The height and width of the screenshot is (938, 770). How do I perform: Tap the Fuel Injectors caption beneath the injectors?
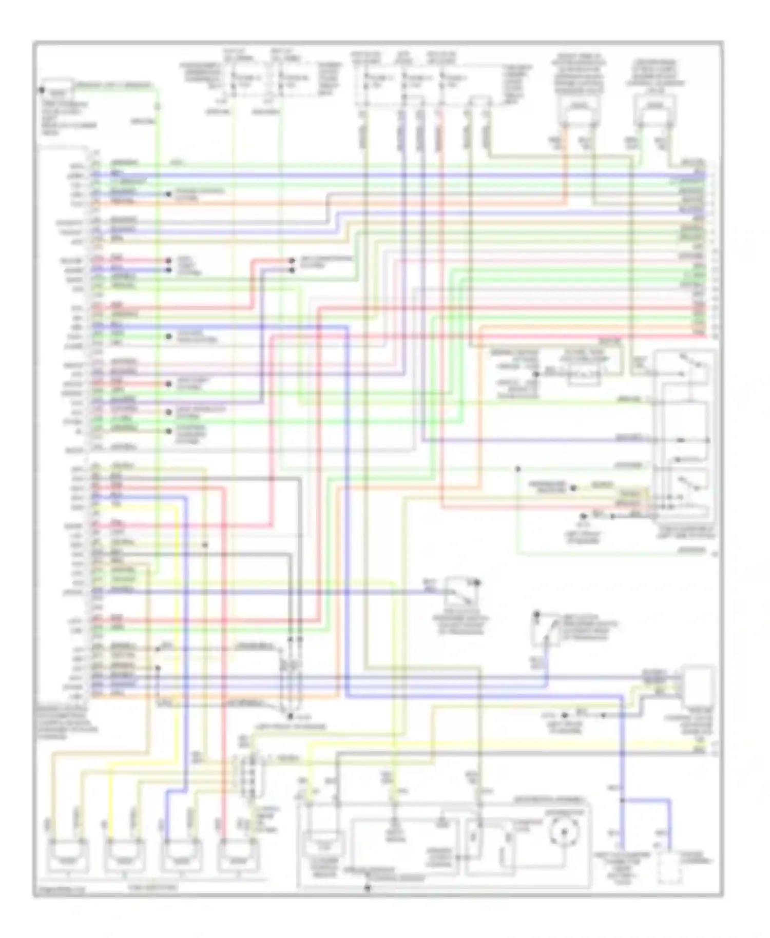pyautogui.click(x=152, y=887)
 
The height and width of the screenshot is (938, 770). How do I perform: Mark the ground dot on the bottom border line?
pyautogui.click(x=368, y=888)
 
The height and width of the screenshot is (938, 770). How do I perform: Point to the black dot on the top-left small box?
pyautogui.click(x=42, y=90)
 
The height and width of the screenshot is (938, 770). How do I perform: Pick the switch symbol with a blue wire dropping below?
pyautogui.click(x=544, y=630)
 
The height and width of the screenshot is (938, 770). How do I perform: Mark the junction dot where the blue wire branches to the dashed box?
pyautogui.click(x=622, y=800)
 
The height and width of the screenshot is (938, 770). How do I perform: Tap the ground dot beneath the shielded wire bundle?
pyautogui.click(x=290, y=715)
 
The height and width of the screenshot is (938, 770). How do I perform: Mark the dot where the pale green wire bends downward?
pyautogui.click(x=517, y=468)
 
